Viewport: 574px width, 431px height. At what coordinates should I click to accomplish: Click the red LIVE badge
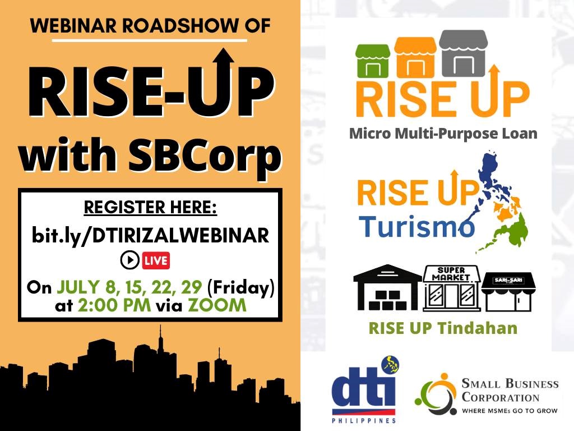156,260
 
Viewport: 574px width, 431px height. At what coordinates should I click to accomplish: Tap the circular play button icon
129,260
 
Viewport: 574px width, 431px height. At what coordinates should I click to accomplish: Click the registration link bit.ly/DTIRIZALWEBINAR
150,236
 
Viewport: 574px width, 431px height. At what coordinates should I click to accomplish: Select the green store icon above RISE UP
373,61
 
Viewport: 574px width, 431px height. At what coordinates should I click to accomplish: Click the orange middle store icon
415,57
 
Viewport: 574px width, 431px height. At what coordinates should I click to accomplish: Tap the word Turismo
416,227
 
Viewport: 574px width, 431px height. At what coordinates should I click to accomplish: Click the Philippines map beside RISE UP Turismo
502,201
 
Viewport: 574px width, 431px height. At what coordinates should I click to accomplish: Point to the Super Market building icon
451,289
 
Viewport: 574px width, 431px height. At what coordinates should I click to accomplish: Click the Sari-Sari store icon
508,292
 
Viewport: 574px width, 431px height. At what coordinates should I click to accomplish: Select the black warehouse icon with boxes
388,288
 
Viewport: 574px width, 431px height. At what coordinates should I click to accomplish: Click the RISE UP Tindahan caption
443,328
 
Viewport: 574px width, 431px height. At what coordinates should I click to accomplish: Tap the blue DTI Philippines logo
364,389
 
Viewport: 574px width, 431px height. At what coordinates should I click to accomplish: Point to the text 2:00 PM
114,305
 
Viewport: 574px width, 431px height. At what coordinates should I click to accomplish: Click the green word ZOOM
217,305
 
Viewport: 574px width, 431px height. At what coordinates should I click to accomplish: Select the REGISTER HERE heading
150,208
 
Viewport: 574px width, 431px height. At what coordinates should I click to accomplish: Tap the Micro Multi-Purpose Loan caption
443,134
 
